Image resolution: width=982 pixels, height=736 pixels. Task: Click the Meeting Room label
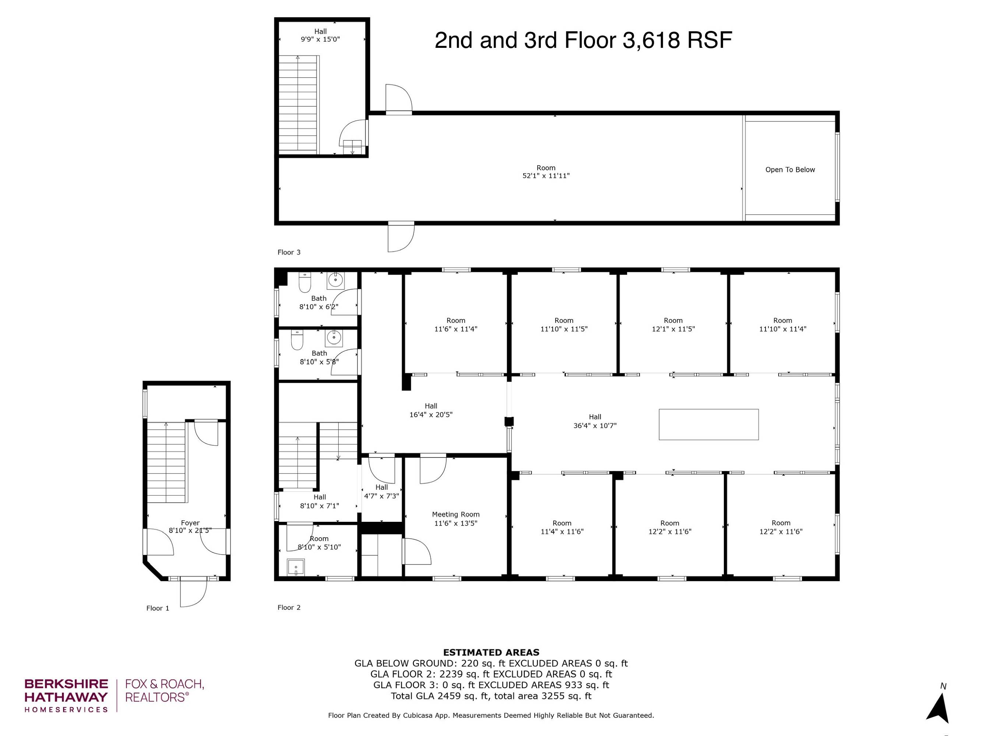[455, 514]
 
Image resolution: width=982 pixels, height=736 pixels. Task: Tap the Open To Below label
[790, 170]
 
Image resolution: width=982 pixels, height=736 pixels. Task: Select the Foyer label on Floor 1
[190, 523]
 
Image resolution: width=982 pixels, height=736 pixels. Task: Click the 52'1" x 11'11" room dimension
[546, 176]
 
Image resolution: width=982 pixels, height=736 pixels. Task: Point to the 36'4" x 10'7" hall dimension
[595, 425]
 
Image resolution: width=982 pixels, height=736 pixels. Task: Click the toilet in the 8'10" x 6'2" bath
[305, 282]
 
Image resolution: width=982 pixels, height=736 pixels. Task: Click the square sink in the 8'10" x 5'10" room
[296, 567]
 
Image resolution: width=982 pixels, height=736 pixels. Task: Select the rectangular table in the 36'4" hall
[708, 425]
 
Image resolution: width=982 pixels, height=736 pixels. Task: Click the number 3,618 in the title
[651, 40]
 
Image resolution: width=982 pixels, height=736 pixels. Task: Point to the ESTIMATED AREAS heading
[491, 652]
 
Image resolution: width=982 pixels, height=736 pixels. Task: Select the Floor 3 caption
[289, 252]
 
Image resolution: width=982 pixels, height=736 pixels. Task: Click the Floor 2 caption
[289, 607]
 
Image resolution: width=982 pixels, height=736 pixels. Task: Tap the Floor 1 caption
[158, 608]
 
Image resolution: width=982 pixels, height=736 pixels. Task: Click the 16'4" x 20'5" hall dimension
[431, 415]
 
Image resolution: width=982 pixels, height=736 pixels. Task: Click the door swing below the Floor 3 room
[401, 237]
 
